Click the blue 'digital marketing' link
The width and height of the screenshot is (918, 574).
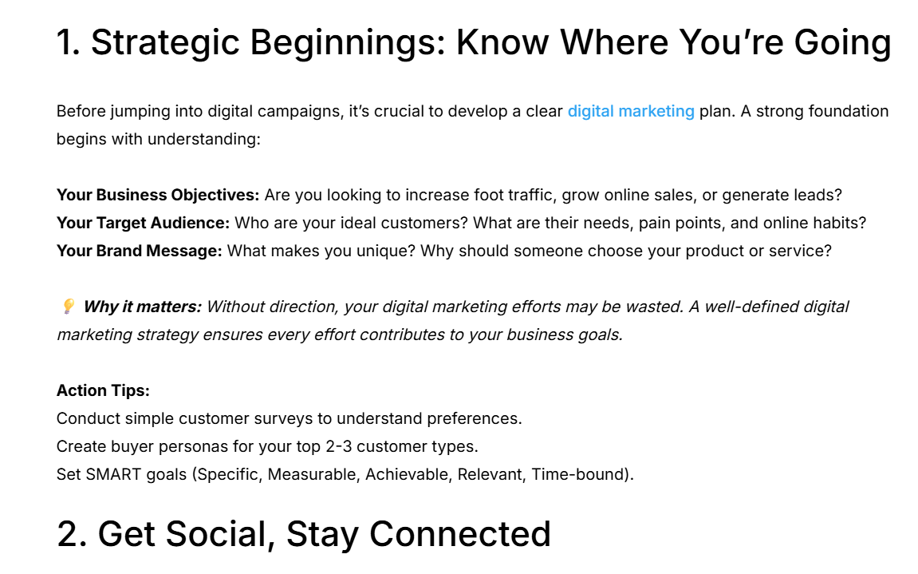[631, 112]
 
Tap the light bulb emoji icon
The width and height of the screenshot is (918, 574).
[69, 306]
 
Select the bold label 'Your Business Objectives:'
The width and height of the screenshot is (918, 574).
[157, 196]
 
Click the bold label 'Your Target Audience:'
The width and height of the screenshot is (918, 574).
[143, 224]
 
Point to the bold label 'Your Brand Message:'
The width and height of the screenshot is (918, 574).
[140, 251]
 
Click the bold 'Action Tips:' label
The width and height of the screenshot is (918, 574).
[103, 390]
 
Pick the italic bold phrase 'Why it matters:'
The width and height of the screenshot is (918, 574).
[142, 307]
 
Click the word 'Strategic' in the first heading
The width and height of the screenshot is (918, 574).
[165, 43]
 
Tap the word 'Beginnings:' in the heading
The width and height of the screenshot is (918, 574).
[349, 43]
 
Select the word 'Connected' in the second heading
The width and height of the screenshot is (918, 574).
[460, 533]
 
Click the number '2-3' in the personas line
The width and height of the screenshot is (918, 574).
[338, 447]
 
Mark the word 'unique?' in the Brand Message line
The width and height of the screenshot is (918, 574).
[386, 251]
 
